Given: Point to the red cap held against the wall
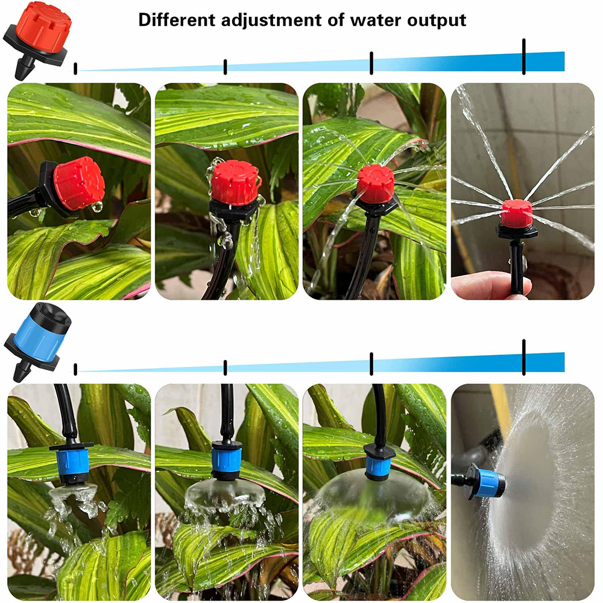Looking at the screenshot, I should click(x=517, y=213).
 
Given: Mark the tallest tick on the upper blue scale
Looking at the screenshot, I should click(x=523, y=56).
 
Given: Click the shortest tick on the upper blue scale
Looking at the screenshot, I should click(x=75, y=68).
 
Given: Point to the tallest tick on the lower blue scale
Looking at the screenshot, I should click(x=523, y=358).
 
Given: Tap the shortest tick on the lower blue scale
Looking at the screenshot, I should click(x=75, y=369).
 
